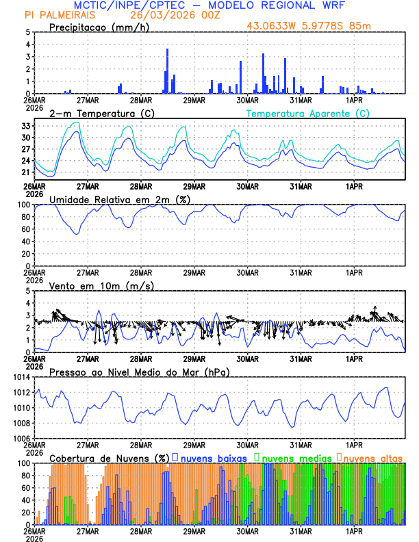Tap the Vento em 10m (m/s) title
[x=101, y=285]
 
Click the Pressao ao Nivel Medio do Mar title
[x=139, y=372]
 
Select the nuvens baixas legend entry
[x=209, y=457]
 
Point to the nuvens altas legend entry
[x=373, y=457]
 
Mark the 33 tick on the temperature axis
[x=24, y=126]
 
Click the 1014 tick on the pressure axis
[x=21, y=377]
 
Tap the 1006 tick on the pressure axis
[x=21, y=439]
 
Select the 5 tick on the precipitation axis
[x=27, y=32]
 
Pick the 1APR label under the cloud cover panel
[x=354, y=531]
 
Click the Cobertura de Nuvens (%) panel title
[x=109, y=457]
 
